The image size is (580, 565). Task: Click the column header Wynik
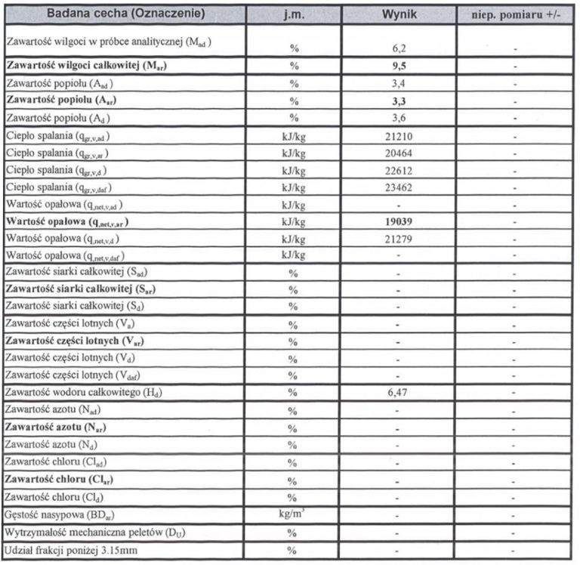pos(399,14)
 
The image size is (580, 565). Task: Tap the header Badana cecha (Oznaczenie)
pos(125,14)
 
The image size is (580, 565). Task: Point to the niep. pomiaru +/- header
pos(514,14)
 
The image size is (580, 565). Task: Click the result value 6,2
pos(399,48)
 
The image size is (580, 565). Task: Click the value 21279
pos(399,239)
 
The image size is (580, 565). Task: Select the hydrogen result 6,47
pos(399,394)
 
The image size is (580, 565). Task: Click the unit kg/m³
pos(292,514)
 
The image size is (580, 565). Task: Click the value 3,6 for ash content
pos(399,119)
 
